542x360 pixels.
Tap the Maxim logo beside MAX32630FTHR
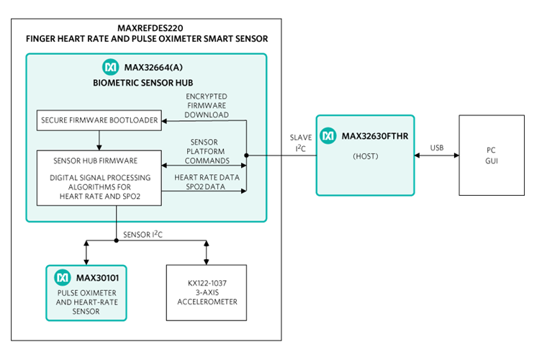point(328,135)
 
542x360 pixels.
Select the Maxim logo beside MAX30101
point(63,277)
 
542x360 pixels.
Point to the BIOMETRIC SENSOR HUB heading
point(143,83)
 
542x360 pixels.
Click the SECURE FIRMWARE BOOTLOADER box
point(99,120)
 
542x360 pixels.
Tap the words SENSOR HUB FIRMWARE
point(96,160)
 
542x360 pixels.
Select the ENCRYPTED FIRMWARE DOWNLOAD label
point(207,105)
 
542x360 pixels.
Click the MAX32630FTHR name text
point(374,135)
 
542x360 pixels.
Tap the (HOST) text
point(366,156)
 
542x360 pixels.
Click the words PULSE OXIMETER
point(87,294)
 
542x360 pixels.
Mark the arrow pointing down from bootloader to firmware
point(99,140)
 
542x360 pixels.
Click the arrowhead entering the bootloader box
point(165,120)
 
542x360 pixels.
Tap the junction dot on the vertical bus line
point(247,155)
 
